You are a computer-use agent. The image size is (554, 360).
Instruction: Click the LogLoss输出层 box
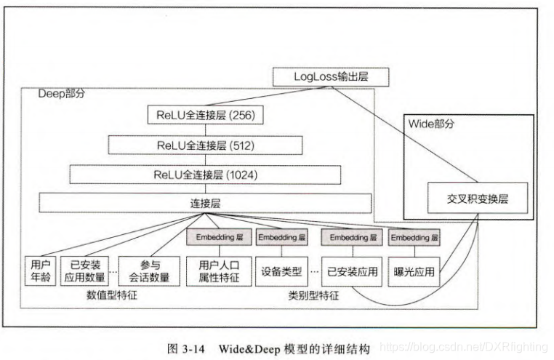coord(331,76)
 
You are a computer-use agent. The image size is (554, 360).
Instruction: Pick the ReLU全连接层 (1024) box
coord(206,175)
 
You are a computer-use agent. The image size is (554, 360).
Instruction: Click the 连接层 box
coord(205,203)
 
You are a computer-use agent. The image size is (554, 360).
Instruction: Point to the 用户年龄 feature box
coord(38,271)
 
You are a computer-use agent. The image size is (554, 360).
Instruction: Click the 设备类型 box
coord(281,271)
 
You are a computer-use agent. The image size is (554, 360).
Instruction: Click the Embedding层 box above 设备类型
coord(282,238)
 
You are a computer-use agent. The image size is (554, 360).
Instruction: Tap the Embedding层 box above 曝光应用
coord(415,238)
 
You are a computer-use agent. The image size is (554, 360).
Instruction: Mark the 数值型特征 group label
coord(111,295)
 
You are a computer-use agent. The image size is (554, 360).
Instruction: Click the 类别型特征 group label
coord(313,297)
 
